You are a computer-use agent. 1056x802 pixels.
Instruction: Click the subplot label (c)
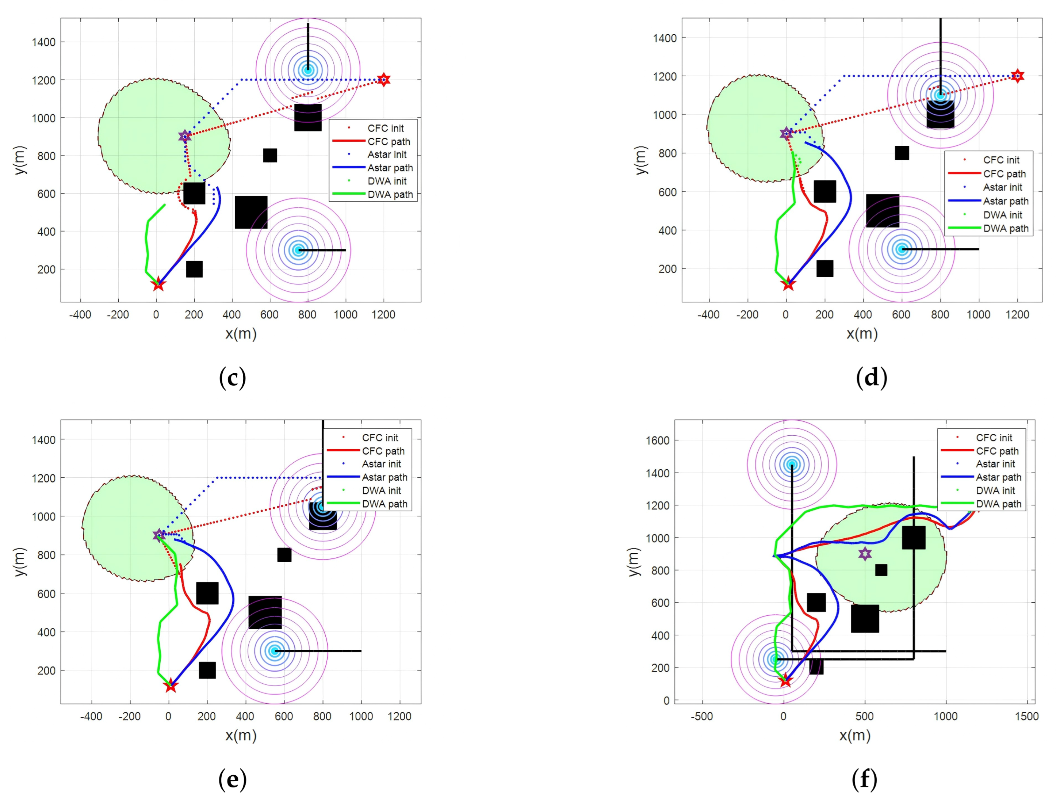(233, 378)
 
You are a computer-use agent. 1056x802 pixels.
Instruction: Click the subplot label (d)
(872, 378)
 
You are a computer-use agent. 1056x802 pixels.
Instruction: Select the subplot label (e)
(233, 780)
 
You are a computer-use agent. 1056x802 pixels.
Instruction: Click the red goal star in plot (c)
(383, 80)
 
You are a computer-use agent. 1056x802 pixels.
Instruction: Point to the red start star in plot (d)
(788, 284)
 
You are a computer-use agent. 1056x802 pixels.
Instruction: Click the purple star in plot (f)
(865, 554)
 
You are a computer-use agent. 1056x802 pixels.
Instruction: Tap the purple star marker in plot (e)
(159, 535)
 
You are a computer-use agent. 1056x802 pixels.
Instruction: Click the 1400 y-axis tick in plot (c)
(44, 42)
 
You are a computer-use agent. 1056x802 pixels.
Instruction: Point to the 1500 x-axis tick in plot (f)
(1027, 717)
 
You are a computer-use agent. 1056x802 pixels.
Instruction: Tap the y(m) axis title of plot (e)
(20, 562)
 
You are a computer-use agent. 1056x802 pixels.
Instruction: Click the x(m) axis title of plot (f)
(854, 736)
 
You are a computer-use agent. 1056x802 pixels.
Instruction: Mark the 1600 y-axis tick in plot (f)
(658, 440)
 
